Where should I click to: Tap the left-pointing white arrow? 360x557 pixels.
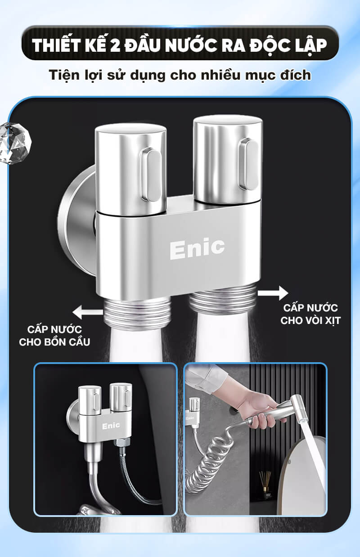tap(87, 312)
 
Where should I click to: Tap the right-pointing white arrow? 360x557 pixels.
tap(273, 293)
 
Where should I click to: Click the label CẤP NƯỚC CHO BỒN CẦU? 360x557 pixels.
tap(54, 336)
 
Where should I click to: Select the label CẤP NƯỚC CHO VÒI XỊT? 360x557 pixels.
tap(310, 314)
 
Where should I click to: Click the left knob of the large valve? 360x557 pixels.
tap(131, 169)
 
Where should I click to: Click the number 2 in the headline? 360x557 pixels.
tap(115, 45)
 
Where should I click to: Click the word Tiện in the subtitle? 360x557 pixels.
tap(63, 75)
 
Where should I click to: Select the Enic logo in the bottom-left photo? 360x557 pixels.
tap(111, 426)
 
